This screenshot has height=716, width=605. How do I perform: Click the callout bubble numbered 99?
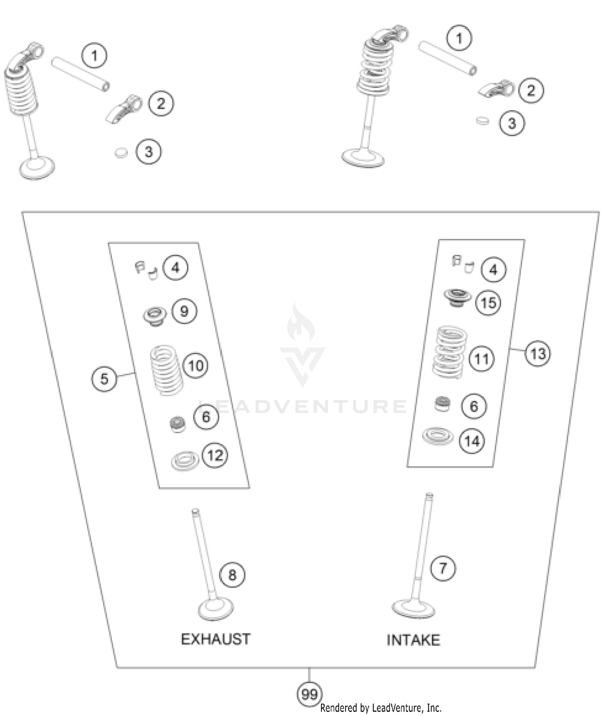[x=309, y=694]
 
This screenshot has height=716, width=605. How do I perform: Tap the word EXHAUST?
[x=216, y=639]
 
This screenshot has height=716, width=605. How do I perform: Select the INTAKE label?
[x=413, y=640]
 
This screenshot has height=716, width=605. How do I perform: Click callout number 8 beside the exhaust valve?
[x=232, y=575]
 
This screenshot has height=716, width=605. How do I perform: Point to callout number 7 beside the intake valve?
[x=443, y=568]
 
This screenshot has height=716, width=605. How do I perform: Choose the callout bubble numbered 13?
[x=538, y=354]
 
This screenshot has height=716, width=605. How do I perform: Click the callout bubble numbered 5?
[x=104, y=379]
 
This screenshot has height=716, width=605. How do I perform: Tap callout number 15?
[x=488, y=303]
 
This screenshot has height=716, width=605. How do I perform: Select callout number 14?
[x=472, y=441]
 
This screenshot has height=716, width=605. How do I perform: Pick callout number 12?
[x=215, y=455]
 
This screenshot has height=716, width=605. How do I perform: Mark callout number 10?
[x=196, y=366]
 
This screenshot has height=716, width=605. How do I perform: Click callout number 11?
[x=482, y=359]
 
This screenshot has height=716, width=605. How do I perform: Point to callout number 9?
[x=184, y=311]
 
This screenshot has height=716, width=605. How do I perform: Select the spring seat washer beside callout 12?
[x=185, y=461]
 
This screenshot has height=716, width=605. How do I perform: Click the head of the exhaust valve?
[x=216, y=609]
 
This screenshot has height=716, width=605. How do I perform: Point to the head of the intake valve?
[x=413, y=608]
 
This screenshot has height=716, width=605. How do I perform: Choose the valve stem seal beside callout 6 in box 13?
[x=442, y=404]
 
